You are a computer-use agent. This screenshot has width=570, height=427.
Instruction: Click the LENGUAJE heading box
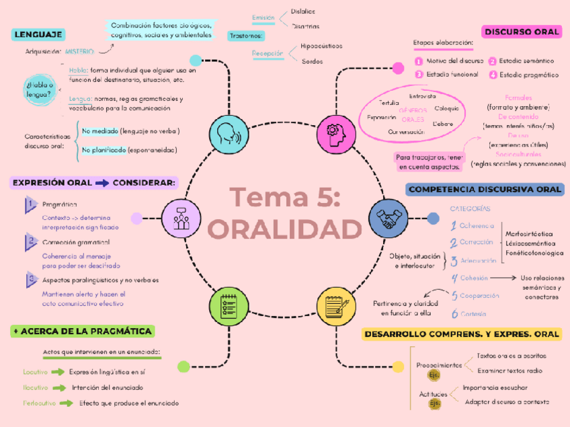coord(38,35)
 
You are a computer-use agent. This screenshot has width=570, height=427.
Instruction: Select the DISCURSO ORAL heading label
coord(522,32)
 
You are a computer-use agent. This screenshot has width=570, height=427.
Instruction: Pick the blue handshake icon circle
coord(388,218)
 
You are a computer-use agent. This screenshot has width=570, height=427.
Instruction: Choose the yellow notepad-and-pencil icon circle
coord(336,306)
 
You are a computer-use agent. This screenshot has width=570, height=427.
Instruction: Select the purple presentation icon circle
coord(181,219)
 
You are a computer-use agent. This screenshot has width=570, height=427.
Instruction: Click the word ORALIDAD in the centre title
coord(284,229)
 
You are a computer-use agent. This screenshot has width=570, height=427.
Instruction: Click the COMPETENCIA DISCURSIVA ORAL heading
coord(485,190)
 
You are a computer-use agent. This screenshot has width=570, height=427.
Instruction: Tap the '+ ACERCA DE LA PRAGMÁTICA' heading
coord(83,331)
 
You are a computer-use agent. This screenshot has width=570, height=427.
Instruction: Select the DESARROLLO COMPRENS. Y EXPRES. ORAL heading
coord(461,334)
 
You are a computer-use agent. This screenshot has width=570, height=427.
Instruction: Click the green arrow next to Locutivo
coord(58,371)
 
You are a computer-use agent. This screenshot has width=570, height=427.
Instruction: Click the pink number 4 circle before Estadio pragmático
coord(493,75)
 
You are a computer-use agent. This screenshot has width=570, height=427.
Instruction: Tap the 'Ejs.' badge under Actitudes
coord(435,403)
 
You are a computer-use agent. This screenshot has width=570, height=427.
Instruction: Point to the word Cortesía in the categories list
coord(474,314)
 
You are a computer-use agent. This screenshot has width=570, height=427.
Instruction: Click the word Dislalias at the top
coord(303,11)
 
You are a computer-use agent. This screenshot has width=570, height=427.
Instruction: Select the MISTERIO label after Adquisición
coord(80,51)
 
